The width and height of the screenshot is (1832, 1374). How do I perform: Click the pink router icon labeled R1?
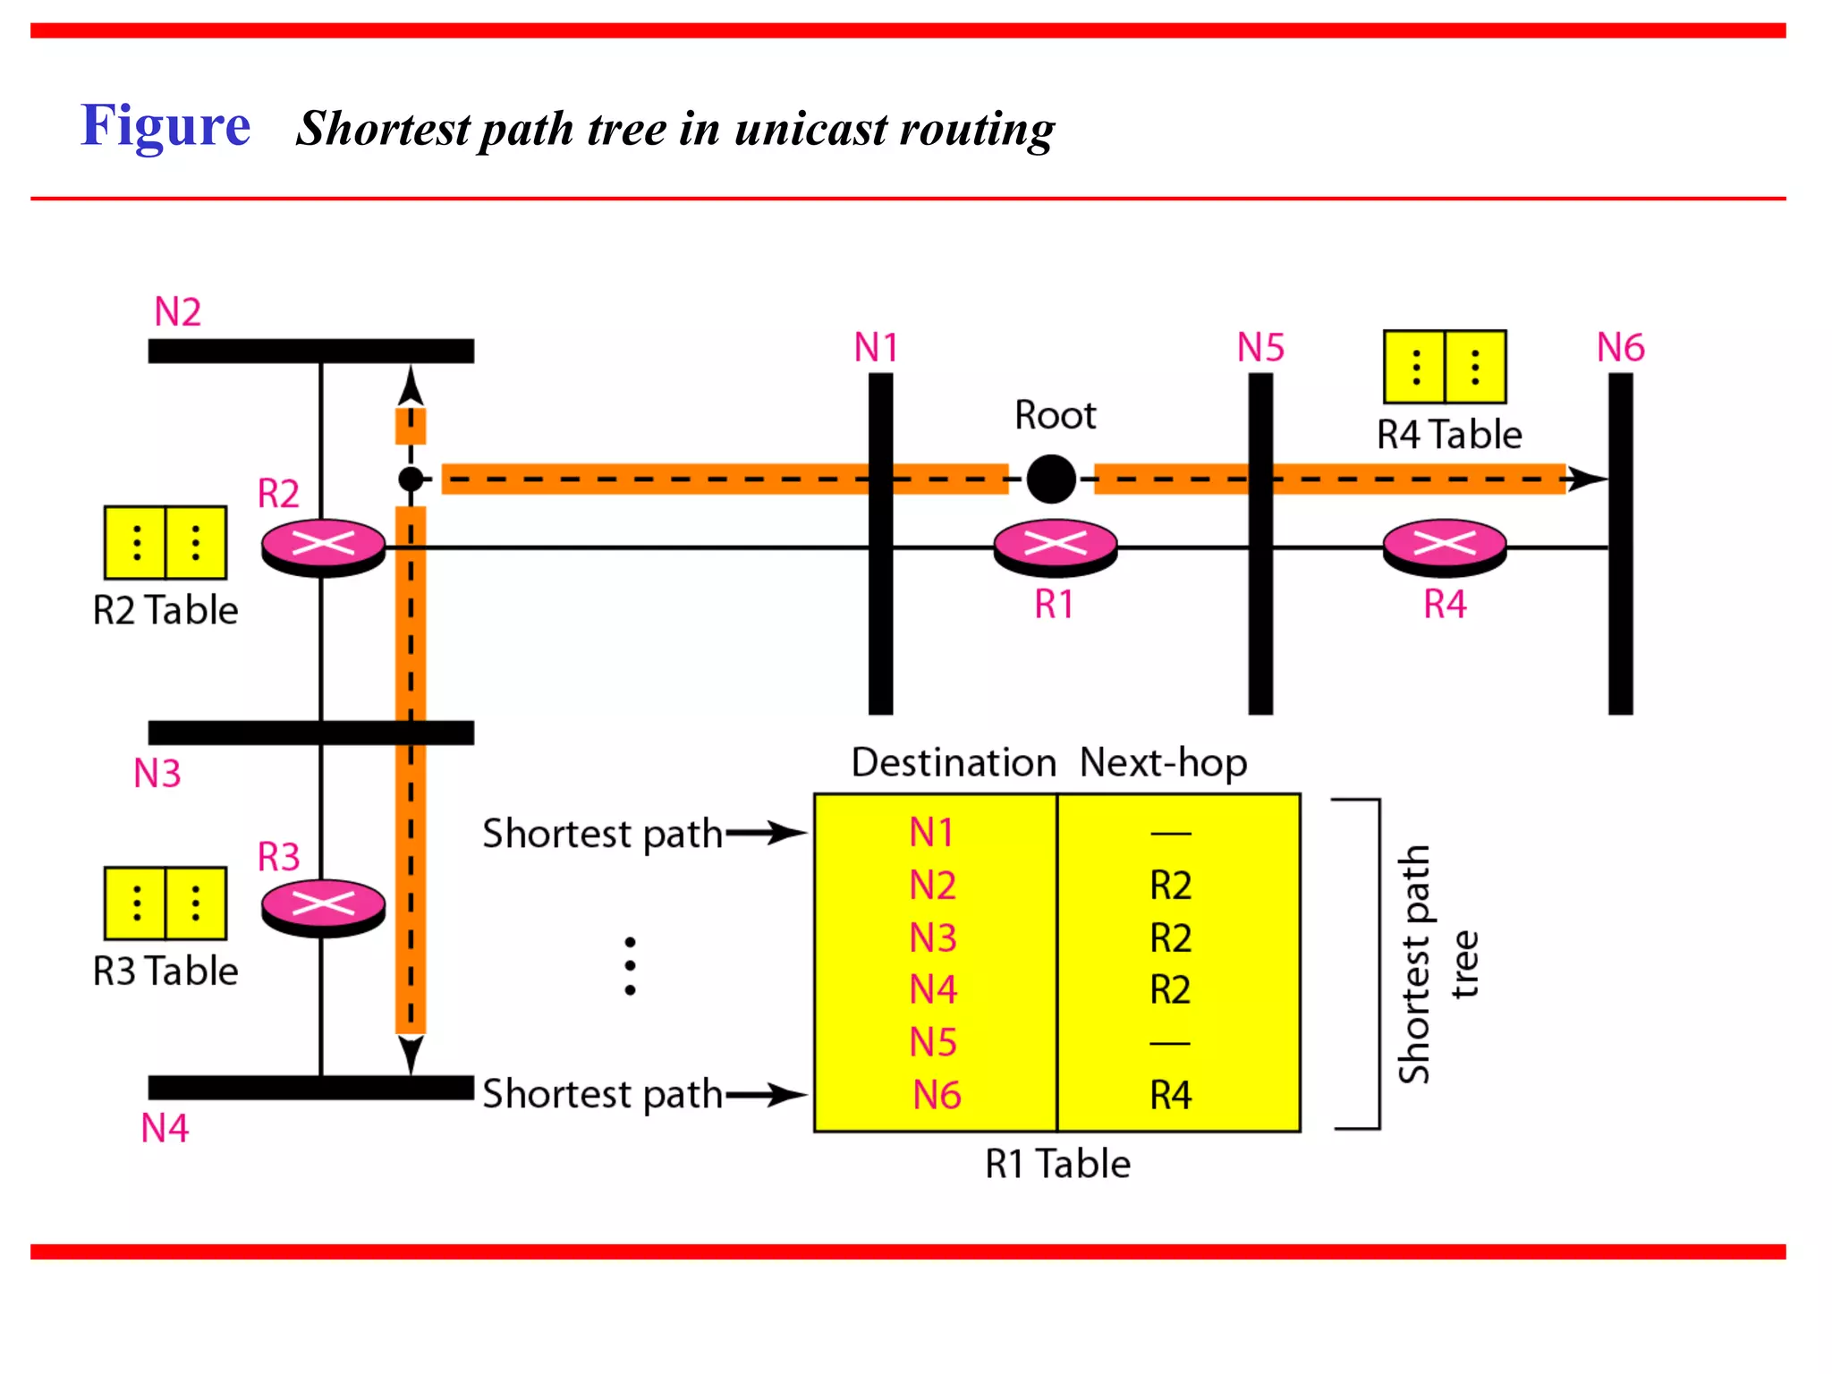(1056, 547)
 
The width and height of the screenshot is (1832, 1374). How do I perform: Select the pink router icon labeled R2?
(323, 547)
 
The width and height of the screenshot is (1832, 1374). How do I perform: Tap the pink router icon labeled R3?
(323, 907)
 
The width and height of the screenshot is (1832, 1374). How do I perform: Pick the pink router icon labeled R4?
(1445, 547)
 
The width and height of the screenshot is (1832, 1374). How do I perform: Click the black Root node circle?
(1051, 479)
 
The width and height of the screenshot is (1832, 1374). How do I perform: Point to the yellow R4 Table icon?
(1445, 367)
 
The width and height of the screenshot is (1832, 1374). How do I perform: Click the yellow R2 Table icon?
(165, 542)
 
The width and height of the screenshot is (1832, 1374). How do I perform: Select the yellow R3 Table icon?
(165, 903)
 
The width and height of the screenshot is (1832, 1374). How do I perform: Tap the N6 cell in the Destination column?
(936, 1095)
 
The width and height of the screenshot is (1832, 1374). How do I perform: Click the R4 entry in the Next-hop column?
(1170, 1095)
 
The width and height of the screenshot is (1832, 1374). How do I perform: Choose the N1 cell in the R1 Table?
(931, 833)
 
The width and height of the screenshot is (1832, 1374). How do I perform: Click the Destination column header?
(953, 763)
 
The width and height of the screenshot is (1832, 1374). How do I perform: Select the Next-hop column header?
(1163, 763)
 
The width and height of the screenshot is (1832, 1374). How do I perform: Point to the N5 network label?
(1260, 347)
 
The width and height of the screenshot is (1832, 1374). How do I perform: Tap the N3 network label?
(157, 773)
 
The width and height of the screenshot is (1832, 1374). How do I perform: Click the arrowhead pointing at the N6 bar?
(1588, 479)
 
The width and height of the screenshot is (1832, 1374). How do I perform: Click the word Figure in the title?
(165, 125)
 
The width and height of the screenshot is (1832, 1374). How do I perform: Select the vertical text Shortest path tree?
(1437, 964)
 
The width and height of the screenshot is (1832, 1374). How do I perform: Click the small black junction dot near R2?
(411, 479)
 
